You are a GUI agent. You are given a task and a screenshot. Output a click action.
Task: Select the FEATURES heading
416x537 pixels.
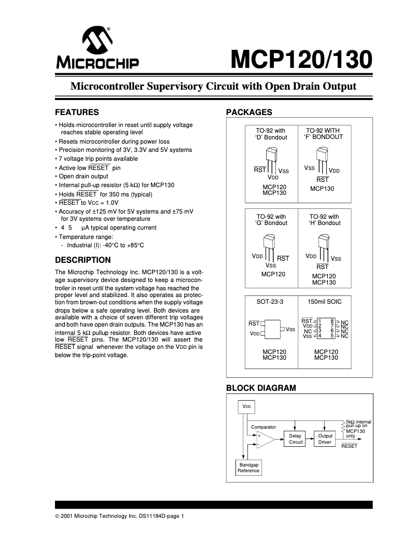[x=77, y=112]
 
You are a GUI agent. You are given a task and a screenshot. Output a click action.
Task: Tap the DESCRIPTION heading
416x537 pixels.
[x=82, y=260]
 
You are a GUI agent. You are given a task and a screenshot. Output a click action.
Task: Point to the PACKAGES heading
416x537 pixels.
[x=249, y=112]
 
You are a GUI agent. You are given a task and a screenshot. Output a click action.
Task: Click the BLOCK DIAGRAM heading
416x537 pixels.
[x=260, y=388]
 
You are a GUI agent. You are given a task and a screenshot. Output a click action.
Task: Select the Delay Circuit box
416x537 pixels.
[x=296, y=439]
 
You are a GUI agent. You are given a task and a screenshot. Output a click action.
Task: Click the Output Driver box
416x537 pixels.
[x=325, y=439]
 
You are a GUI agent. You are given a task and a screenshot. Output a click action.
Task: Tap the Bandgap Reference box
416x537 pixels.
[x=248, y=468]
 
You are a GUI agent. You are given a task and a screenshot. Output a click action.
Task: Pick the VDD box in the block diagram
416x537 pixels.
[x=247, y=407]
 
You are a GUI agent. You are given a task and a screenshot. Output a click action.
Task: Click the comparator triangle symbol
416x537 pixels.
[x=265, y=440]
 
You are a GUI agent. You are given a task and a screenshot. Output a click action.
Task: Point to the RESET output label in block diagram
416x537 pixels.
[x=349, y=446]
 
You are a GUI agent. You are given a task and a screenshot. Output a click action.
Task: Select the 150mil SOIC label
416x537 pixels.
[x=324, y=301]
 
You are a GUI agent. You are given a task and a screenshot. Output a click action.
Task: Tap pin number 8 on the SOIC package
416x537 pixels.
[x=331, y=321]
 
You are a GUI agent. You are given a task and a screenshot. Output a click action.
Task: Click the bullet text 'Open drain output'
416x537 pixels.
[x=86, y=176]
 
